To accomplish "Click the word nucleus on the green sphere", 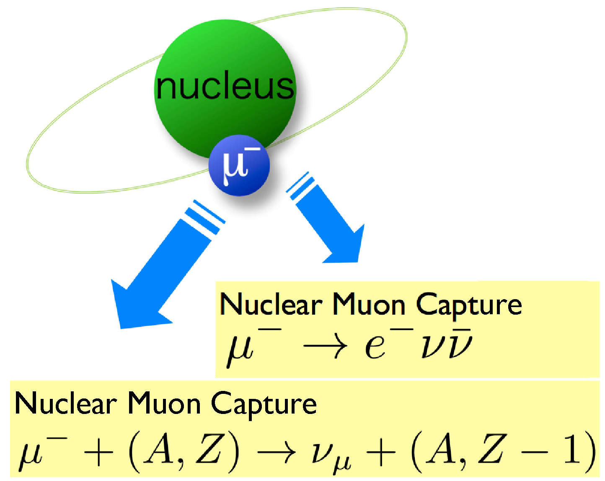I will (225, 87).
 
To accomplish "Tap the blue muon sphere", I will (239, 166).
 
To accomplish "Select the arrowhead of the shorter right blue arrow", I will (348, 247).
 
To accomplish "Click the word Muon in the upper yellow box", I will (369, 305).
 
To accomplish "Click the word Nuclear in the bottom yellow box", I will (66, 404).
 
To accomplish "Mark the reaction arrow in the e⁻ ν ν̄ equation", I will (325, 347).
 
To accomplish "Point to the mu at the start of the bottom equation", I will (31, 455).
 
